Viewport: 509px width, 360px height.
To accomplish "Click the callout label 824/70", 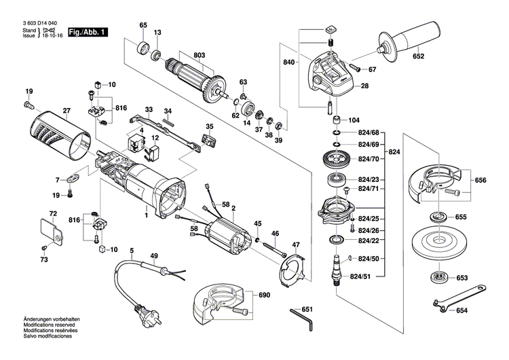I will coord(369,158).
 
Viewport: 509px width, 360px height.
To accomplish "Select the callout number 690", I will coord(264,296).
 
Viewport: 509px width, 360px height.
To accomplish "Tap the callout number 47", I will coord(295,245).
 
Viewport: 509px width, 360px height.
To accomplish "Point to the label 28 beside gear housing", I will coord(364,86).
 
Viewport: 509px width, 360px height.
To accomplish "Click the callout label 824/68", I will coord(369,132).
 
